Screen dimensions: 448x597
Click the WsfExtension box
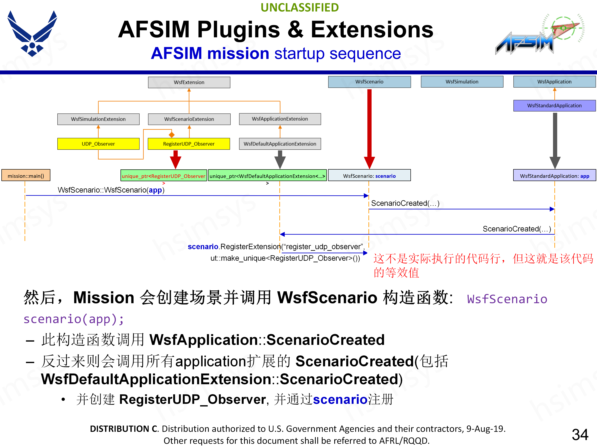click(x=189, y=82)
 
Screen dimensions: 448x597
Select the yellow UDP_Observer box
click(x=98, y=144)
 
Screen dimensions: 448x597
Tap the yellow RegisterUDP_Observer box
click(x=189, y=144)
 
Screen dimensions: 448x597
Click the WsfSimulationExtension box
click(x=98, y=119)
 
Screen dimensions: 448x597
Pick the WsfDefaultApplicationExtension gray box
click(x=280, y=144)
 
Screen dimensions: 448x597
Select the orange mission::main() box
click(x=26, y=176)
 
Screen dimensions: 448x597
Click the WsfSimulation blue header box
click(x=462, y=82)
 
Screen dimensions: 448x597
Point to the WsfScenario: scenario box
click(x=369, y=176)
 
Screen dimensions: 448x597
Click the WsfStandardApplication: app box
click(x=554, y=176)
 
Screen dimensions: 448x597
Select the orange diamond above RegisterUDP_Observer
click(x=172, y=134)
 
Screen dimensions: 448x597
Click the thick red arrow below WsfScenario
click(x=369, y=127)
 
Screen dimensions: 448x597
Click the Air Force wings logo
click(x=32, y=34)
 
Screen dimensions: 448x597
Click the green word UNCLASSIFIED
click(x=300, y=8)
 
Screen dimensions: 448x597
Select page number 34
click(x=580, y=434)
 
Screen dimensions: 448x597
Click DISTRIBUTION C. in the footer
click(x=124, y=429)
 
